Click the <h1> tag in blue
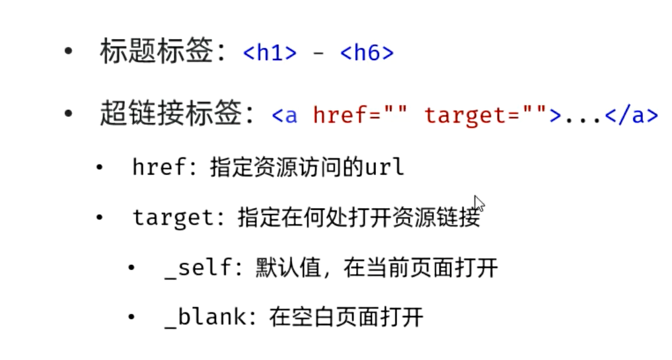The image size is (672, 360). pos(270,54)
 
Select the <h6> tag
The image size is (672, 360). pos(367,54)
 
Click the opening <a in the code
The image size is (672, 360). pos(284,116)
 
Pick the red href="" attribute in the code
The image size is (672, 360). pos(360,116)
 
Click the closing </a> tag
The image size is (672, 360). pos(632,116)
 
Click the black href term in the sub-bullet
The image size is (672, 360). pos(159,167)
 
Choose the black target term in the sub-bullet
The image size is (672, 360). pos(174,218)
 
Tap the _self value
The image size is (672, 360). pos(198,268)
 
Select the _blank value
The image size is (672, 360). pos(205,318)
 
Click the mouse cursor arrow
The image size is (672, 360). pos(478,202)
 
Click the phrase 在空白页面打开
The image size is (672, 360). pos(346,318)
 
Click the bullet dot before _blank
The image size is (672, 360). pos(132,318)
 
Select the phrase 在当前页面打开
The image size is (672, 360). pos(420,268)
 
